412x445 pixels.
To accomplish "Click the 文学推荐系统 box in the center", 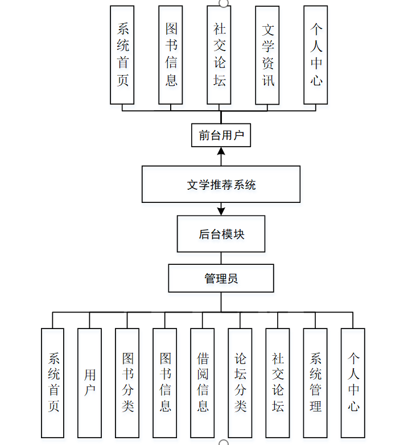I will pyautogui.click(x=221, y=184).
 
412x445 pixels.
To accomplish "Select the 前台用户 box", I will pyautogui.click(x=221, y=135).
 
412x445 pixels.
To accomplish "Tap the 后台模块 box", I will pyautogui.click(x=221, y=234).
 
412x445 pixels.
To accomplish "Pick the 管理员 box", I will pyautogui.click(x=221, y=278).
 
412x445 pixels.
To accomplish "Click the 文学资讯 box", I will pyautogui.click(x=268, y=55).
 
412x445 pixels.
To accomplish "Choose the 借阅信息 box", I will pyautogui.click(x=203, y=382).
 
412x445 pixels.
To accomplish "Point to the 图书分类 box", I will pyautogui.click(x=127, y=382).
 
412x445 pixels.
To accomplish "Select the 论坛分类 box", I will pyautogui.click(x=240, y=382).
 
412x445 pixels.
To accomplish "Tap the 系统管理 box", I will pyautogui.click(x=315, y=382).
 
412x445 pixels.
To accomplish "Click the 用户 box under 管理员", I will pyautogui.click(x=90, y=382).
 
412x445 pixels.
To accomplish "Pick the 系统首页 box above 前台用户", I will pyautogui.click(x=122, y=55).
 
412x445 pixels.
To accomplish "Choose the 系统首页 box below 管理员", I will pyautogui.click(x=53, y=382).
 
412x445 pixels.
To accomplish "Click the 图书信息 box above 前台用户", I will pyautogui.click(x=171, y=55).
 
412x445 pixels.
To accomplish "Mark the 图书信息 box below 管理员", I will pyautogui.click(x=165, y=382).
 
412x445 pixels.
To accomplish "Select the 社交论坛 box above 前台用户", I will pyautogui.click(x=219, y=55).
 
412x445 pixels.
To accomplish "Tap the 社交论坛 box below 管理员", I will pyautogui.click(x=278, y=382).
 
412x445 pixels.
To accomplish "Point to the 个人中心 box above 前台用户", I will pyautogui.click(x=316, y=55).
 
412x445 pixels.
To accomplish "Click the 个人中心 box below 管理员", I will pyautogui.click(x=353, y=382).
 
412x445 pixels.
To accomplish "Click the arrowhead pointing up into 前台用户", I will pyautogui.click(x=221, y=151).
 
